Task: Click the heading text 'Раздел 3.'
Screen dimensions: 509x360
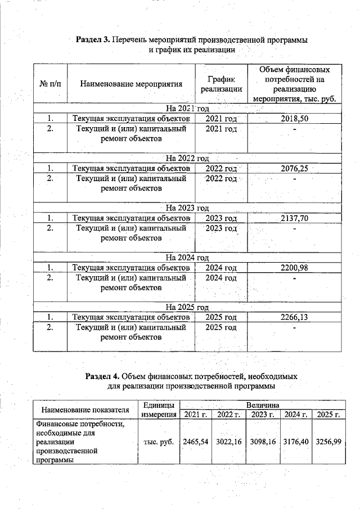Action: [93, 40]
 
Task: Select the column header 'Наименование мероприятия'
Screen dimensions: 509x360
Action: [131, 84]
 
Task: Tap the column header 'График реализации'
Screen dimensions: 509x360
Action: [220, 84]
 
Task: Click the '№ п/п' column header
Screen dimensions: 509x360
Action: [50, 84]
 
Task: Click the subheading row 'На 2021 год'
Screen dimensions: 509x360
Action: [187, 109]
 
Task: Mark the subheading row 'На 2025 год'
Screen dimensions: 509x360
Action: [187, 308]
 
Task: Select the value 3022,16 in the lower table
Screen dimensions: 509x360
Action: [229, 442]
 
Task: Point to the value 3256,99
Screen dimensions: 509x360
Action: [329, 442]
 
